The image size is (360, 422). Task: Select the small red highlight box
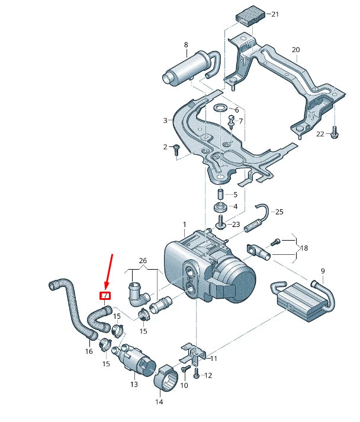point(104,295)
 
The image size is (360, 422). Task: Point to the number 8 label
point(186,45)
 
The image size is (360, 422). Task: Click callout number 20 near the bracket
point(296,50)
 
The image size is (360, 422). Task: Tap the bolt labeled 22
point(335,135)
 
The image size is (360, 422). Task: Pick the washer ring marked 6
point(221,107)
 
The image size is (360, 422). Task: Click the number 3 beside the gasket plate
point(166,120)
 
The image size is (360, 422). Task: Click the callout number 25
point(279,212)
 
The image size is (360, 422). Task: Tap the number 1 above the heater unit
point(184,225)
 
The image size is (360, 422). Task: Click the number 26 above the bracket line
point(142,260)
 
